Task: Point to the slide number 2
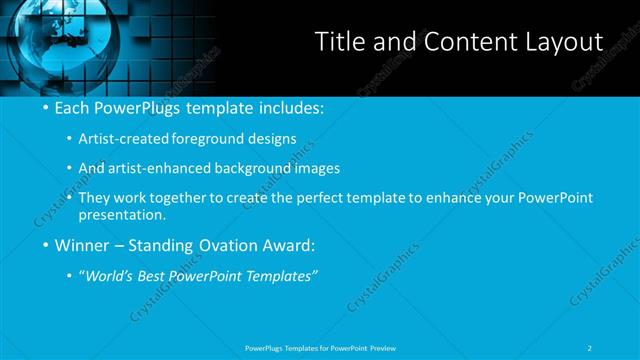591,347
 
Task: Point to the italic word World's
109,274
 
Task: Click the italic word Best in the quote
156,274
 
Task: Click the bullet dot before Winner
45,244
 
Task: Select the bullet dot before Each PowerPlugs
45,107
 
